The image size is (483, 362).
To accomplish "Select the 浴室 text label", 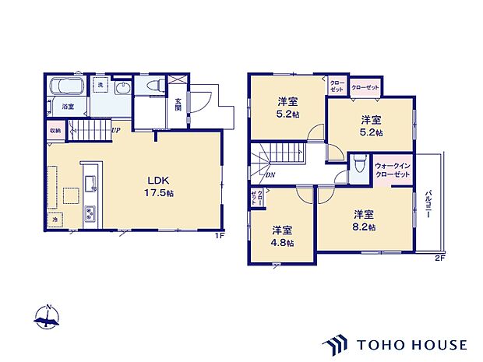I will [x=69, y=107].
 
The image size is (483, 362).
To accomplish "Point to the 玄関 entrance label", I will [x=178, y=104].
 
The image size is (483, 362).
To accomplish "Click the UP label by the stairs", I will [x=115, y=130].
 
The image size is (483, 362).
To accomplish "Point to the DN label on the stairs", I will [x=270, y=175].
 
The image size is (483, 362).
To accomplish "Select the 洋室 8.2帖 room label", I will [x=363, y=220].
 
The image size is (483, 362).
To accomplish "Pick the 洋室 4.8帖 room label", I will [x=283, y=236].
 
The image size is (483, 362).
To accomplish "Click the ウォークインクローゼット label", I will [x=392, y=170].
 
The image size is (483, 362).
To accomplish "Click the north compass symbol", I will [x=48, y=317].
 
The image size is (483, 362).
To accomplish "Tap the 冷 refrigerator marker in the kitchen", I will [x=55, y=220].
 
